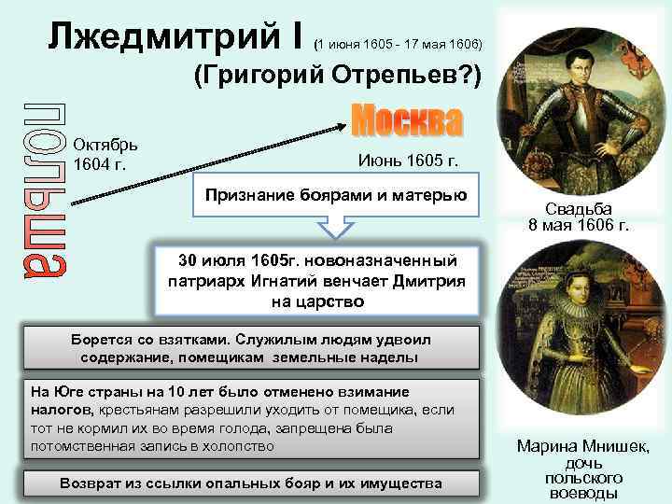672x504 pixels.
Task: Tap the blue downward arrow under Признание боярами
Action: tap(336, 227)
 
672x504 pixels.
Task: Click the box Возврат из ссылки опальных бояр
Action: tap(251, 483)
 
